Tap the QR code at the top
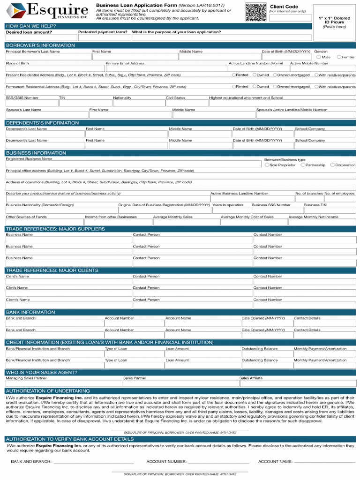256,12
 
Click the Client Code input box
290,18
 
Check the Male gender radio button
319,57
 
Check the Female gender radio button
339,57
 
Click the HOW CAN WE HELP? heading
31,26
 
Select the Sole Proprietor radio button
267,165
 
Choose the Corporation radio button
332,165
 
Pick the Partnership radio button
303,165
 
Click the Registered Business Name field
133,164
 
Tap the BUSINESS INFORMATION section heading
36,153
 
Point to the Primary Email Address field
166,68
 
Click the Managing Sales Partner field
63,383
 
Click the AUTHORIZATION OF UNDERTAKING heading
47,391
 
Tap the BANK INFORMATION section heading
30,312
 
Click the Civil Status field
187,103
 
